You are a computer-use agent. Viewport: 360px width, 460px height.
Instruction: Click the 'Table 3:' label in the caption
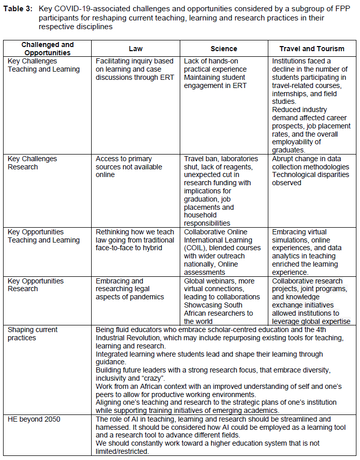[19, 9]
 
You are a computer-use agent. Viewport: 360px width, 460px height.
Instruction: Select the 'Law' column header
[136, 49]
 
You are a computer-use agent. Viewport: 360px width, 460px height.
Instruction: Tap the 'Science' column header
[224, 49]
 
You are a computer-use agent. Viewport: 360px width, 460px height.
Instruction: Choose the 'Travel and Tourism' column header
[312, 49]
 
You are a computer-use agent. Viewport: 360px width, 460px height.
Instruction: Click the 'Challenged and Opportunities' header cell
[48, 49]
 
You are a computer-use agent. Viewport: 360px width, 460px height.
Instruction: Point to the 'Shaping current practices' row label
[33, 334]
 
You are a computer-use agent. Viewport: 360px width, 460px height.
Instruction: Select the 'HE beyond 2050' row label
[34, 420]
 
